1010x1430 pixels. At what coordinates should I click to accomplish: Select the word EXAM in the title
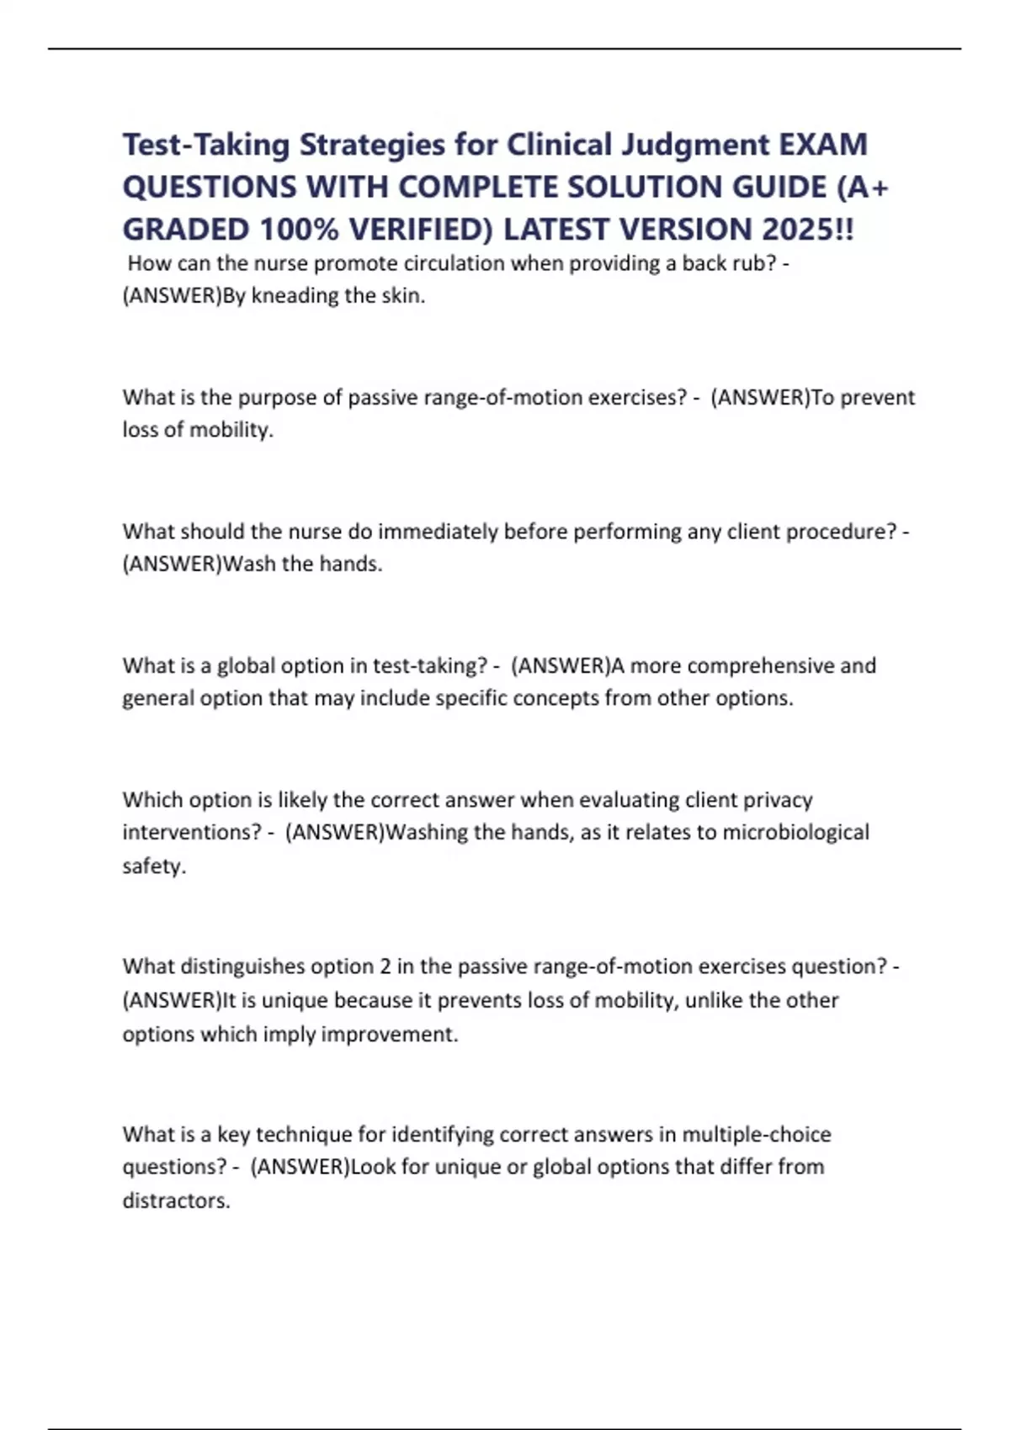[822, 145]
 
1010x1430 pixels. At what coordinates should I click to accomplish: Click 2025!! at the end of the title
[807, 229]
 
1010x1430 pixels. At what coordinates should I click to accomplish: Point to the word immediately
[438, 532]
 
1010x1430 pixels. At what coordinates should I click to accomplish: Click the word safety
[152, 866]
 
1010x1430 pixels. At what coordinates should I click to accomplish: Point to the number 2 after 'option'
[385, 967]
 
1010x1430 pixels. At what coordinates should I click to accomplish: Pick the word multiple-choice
[756, 1134]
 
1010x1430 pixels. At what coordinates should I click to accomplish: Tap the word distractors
[175, 1200]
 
